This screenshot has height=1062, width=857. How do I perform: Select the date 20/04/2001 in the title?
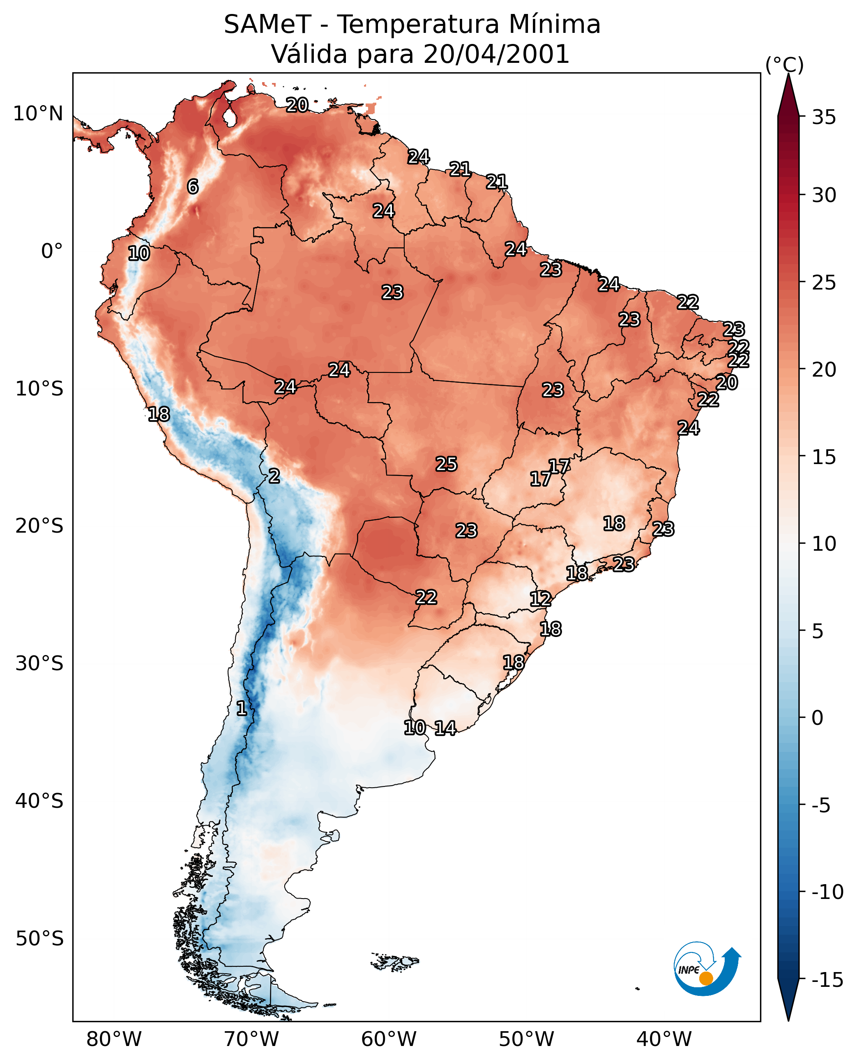496,54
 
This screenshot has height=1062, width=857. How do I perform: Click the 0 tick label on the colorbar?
818,717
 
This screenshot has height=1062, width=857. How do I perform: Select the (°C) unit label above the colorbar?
784,64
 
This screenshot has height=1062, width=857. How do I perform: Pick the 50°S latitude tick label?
39,938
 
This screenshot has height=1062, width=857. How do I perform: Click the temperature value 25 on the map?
446,464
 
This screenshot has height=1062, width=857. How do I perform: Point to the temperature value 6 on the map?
193,186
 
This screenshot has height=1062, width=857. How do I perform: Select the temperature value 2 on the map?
274,476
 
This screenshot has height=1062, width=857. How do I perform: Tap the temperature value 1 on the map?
242,708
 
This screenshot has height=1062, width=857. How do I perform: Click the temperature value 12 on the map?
541,599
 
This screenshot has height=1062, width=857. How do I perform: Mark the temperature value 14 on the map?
445,728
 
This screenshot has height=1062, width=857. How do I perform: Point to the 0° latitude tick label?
52,251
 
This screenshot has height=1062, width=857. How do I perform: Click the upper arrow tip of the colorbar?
788,74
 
